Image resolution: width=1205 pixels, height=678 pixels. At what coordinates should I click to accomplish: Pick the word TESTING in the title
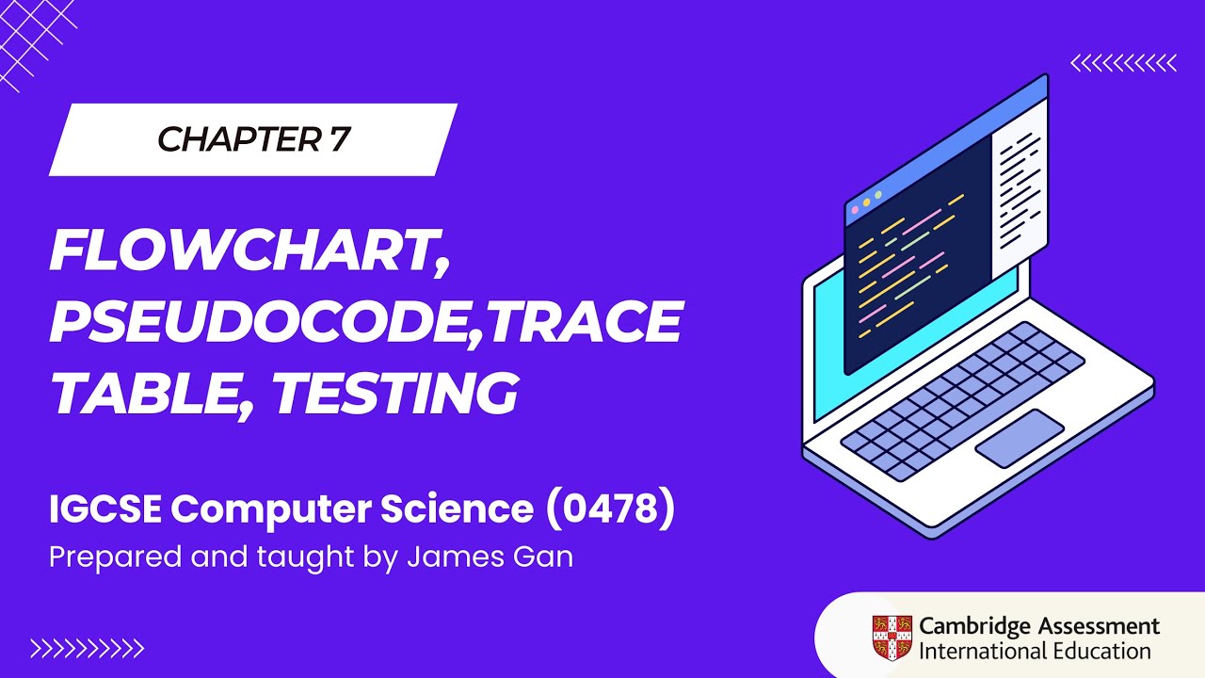tap(395, 393)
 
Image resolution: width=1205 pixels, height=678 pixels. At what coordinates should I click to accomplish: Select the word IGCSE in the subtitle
tap(105, 509)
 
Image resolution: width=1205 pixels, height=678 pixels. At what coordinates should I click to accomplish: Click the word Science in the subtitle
tap(456, 509)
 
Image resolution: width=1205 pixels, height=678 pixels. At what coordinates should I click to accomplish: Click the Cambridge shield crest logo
tap(891, 637)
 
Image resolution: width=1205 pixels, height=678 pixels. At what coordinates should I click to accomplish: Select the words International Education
tap(1035, 651)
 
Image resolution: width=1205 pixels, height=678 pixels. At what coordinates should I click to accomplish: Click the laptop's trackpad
tap(1020, 438)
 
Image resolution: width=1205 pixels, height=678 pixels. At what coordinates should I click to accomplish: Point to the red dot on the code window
tap(854, 209)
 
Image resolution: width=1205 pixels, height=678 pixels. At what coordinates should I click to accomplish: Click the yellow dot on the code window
tap(866, 202)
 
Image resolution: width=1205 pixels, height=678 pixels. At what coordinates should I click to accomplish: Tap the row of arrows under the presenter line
tap(87, 648)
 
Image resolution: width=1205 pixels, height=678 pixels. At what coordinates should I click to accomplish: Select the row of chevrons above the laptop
tap(1124, 63)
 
